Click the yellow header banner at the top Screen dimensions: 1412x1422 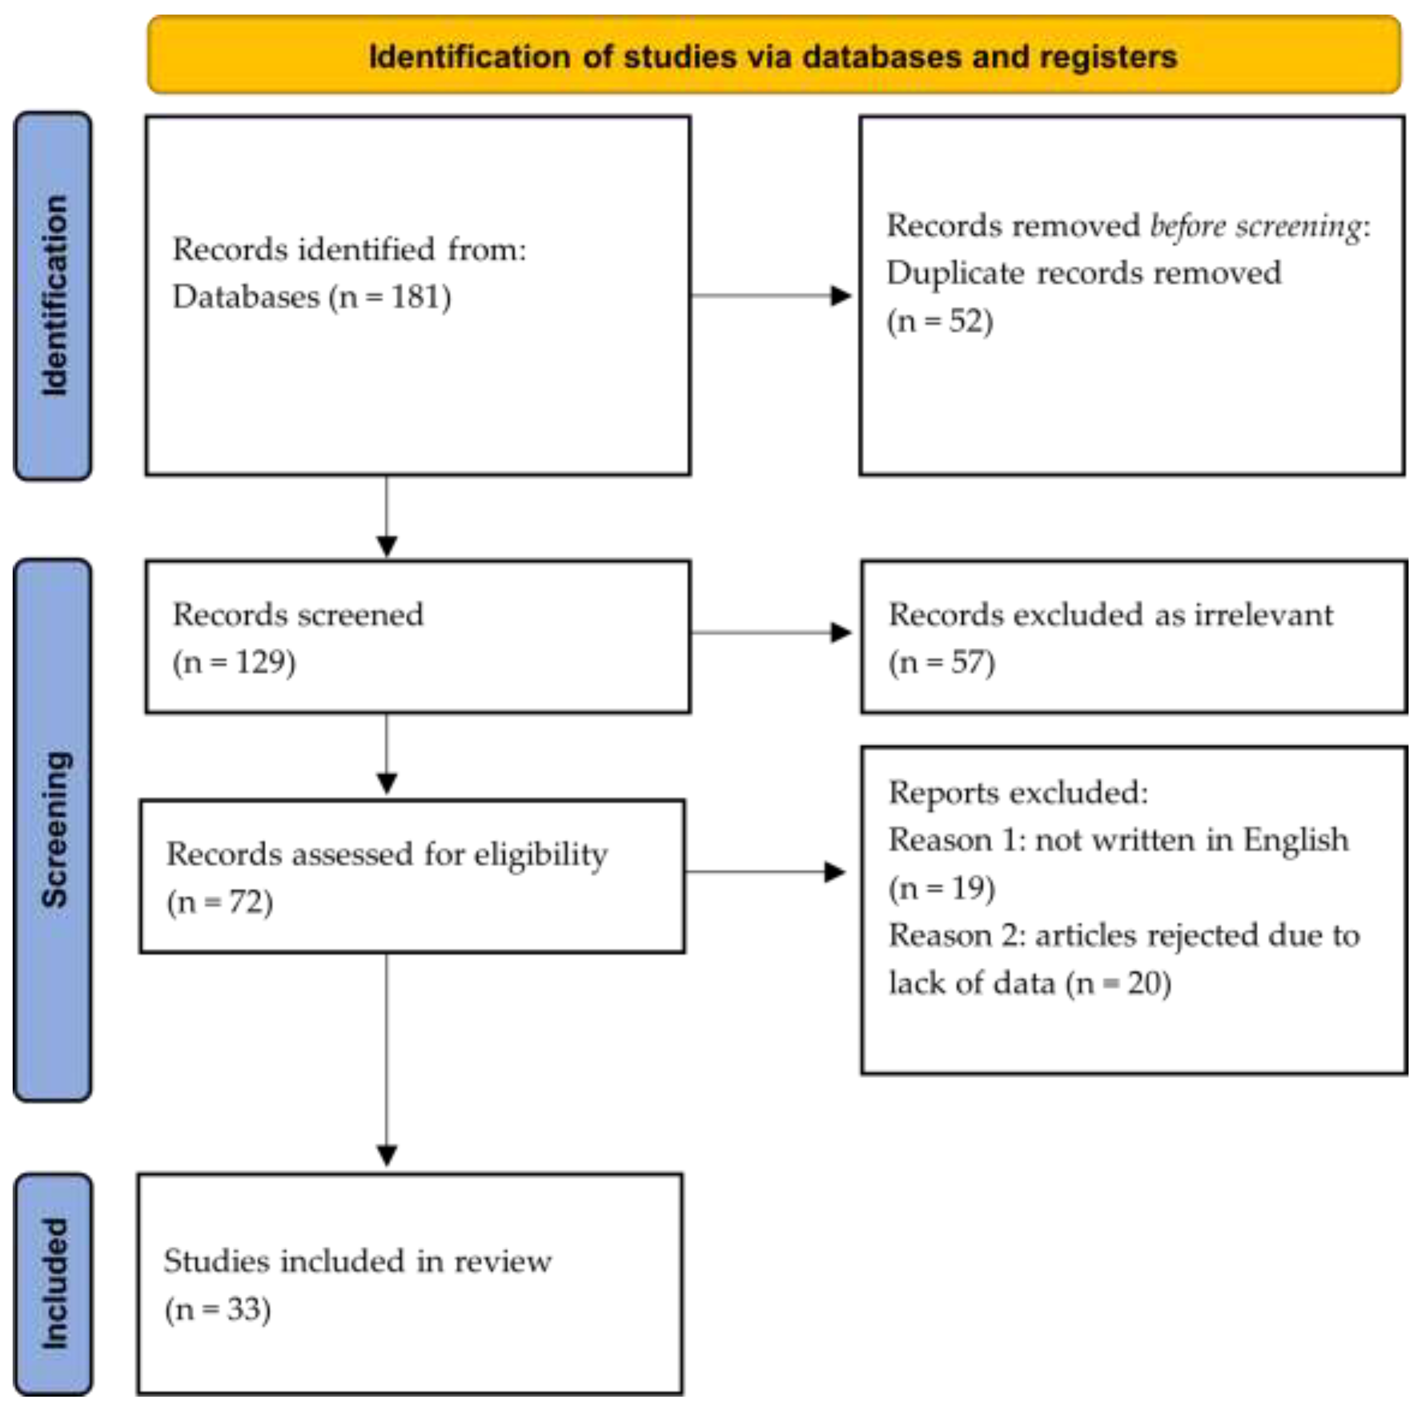773,55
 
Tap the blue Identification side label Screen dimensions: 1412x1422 53,296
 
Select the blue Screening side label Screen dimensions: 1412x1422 53,830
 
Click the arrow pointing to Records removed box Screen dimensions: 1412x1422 839,296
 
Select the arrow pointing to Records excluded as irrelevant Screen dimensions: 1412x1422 839,633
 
